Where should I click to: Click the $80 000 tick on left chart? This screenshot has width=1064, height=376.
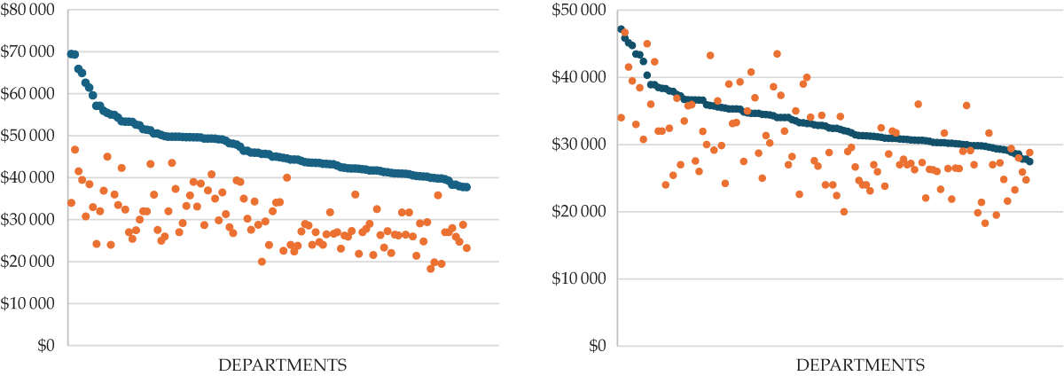pyautogui.click(x=27, y=10)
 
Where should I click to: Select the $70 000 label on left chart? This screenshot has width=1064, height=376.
pyautogui.click(x=27, y=51)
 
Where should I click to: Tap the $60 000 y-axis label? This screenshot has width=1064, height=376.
pyautogui.click(x=27, y=94)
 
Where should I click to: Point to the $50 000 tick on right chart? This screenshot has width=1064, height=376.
pyautogui.click(x=578, y=10)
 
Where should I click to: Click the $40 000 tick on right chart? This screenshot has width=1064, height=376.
pyautogui.click(x=578, y=77)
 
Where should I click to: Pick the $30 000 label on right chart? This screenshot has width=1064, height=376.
pyautogui.click(x=578, y=144)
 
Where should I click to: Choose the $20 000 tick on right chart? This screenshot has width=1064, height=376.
pyautogui.click(x=578, y=211)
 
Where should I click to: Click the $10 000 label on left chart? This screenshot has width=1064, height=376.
pyautogui.click(x=27, y=303)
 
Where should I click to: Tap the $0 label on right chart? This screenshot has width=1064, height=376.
pyautogui.click(x=597, y=346)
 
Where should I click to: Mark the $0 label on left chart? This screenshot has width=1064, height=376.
pyautogui.click(x=46, y=346)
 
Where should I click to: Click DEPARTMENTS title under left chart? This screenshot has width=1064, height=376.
pyautogui.click(x=283, y=365)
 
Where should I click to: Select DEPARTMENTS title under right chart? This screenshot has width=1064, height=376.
pyautogui.click(x=860, y=365)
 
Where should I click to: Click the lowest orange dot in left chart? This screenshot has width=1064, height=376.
pyautogui.click(x=430, y=269)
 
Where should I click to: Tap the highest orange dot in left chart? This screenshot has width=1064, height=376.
pyautogui.click(x=74, y=150)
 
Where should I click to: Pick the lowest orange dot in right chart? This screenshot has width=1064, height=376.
pyautogui.click(x=985, y=223)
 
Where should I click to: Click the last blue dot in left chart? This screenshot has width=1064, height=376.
pyautogui.click(x=466, y=187)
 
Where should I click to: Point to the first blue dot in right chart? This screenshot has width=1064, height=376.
pyautogui.click(x=621, y=29)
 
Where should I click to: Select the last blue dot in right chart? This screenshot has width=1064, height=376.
pyautogui.click(x=1029, y=161)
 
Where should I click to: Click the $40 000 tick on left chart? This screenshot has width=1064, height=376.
pyautogui.click(x=27, y=177)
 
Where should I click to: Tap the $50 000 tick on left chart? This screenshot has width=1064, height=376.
pyautogui.click(x=27, y=136)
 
